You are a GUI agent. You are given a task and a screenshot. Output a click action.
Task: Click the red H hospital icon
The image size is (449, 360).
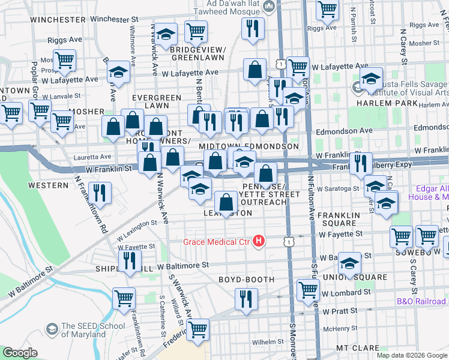[259, 242]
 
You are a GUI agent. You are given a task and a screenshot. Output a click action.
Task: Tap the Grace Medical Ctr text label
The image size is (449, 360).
[218, 242]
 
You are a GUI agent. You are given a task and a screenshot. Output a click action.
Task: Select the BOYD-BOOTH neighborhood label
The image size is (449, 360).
[246, 280]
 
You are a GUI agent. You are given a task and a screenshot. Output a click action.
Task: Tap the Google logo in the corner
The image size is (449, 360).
[20, 352]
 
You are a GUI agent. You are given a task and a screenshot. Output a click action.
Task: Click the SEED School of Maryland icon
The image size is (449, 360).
[52, 329]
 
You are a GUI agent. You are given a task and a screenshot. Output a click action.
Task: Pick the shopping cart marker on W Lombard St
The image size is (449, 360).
[308, 289]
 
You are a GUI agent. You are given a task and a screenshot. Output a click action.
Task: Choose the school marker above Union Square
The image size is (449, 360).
[349, 262]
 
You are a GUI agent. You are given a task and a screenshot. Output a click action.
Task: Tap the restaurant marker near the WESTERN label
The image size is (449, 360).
[100, 193]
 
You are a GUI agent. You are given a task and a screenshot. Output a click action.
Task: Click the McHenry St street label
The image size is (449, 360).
[340, 329]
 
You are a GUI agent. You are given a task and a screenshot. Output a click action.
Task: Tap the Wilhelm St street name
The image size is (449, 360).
[267, 341]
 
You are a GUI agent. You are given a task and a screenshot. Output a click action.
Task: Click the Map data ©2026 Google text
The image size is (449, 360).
[412, 355]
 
